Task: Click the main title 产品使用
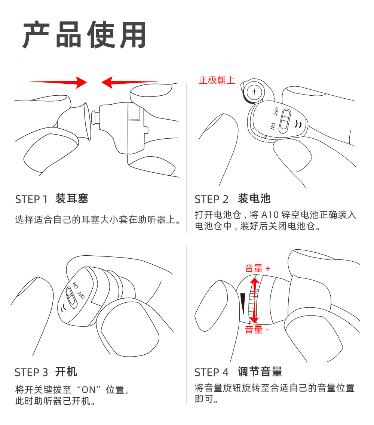tap(85, 35)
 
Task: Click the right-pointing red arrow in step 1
tap(58, 82)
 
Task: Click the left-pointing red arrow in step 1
tap(130, 82)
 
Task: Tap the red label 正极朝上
tap(217, 80)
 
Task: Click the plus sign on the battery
tap(254, 92)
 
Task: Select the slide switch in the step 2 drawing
tap(285, 121)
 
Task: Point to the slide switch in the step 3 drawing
tap(71, 298)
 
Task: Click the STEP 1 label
tap(31, 200)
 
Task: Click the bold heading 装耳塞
tap(72, 199)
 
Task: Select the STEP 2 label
tap(212, 200)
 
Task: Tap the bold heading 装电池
tap(254, 199)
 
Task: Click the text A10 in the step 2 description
tap(270, 215)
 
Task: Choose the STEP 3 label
tap(31, 373)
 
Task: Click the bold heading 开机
tap(66, 372)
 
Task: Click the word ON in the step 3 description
tap(89, 390)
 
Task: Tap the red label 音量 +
tap(258, 268)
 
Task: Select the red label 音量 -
tap(257, 330)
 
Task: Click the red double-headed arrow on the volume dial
tap(254, 299)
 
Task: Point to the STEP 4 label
tap(212, 373)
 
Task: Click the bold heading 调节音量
tap(260, 372)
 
